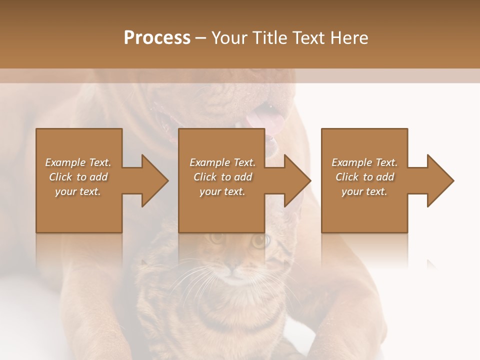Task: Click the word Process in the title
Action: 157,38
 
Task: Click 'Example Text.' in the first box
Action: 78,162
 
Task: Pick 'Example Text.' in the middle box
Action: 222,162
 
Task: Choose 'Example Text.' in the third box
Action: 364,162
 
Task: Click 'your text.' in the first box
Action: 78,191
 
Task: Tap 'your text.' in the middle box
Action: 222,191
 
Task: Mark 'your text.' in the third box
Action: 364,191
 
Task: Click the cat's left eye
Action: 216,239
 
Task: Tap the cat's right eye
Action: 259,241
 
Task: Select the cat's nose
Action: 235,270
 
